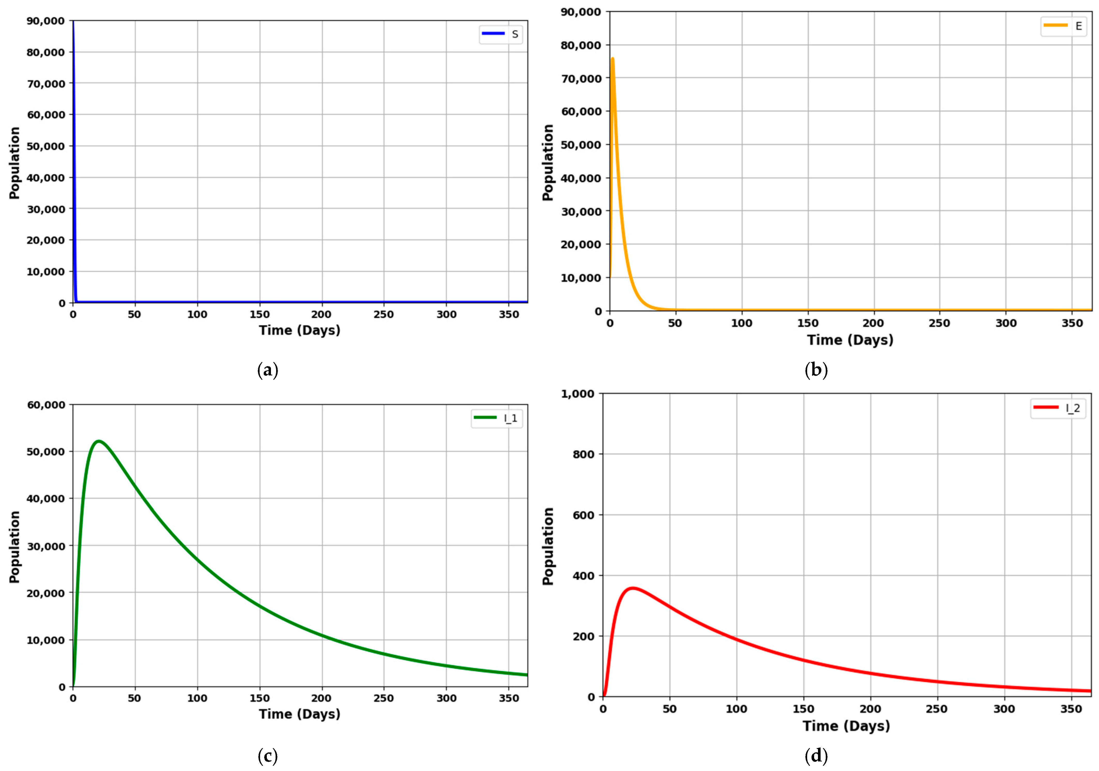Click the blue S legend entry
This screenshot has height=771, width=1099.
pos(501,34)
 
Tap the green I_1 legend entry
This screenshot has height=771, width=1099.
pos(496,418)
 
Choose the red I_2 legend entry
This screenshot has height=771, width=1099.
pos(1058,408)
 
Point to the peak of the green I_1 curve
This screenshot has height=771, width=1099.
pos(99,441)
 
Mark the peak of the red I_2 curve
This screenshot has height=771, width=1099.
pos(633,588)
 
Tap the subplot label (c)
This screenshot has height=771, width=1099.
pos(268,757)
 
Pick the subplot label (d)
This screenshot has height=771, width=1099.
pos(816,757)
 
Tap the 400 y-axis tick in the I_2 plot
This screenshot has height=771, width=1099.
pos(583,576)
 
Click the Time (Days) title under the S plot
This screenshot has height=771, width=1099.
pos(300,330)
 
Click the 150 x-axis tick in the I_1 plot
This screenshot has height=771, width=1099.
pos(259,698)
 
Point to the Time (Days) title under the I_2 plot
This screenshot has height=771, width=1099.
pos(846,726)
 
